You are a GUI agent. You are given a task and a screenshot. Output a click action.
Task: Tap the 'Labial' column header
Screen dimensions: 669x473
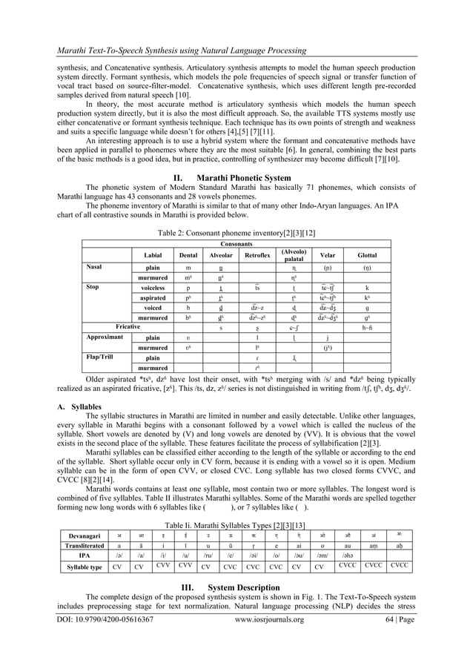pos(153,254)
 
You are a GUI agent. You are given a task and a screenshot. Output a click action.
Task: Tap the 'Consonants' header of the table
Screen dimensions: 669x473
pos(237,243)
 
